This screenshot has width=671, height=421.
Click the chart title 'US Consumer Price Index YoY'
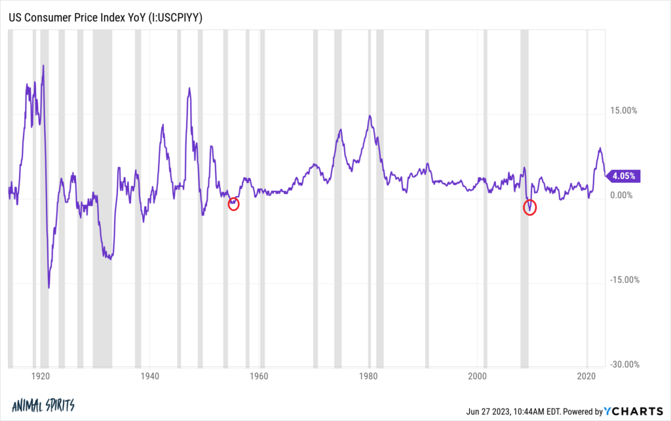click(x=105, y=18)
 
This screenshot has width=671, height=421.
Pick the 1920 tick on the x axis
click(x=41, y=378)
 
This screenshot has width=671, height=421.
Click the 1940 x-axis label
click(x=150, y=378)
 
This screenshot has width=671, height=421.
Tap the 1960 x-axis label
click(x=259, y=378)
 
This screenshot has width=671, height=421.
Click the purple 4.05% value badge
click(x=622, y=176)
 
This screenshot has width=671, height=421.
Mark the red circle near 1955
click(x=234, y=204)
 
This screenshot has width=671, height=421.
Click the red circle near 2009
click(x=530, y=208)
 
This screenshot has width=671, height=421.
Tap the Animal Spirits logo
click(x=43, y=405)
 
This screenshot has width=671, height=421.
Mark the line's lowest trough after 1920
click(x=49, y=287)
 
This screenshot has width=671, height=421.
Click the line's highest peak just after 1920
click(x=43, y=66)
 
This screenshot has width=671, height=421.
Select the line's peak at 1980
click(x=370, y=116)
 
